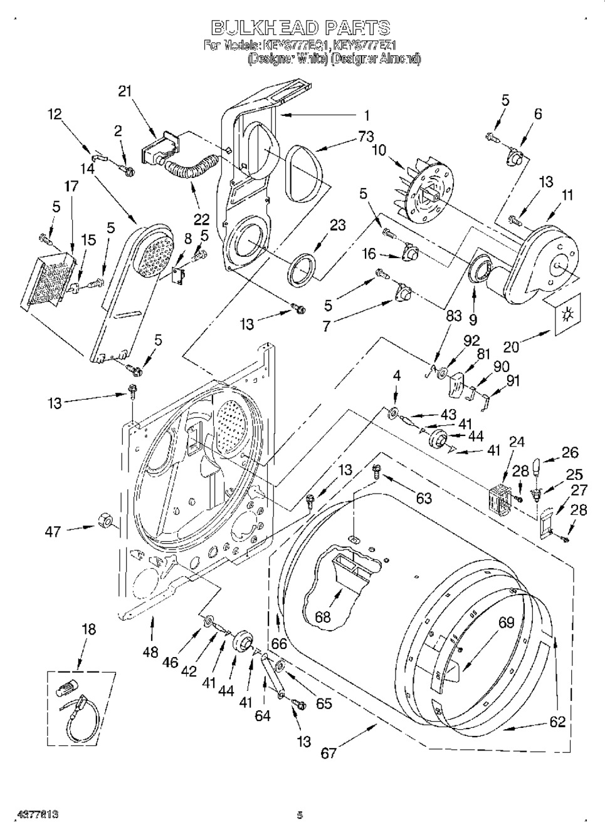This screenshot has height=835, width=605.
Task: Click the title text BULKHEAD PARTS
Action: pyautogui.click(x=300, y=28)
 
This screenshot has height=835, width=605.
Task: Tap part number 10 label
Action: pyautogui.click(x=379, y=150)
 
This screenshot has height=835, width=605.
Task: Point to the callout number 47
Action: pyautogui.click(x=53, y=531)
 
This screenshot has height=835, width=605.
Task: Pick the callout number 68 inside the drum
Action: pyautogui.click(x=322, y=617)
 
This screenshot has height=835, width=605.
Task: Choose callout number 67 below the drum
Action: pyautogui.click(x=329, y=754)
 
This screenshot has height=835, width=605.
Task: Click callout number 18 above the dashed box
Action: pyautogui.click(x=89, y=630)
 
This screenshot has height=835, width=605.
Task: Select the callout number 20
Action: pyautogui.click(x=512, y=346)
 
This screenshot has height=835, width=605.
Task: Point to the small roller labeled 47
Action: pyautogui.click(x=105, y=520)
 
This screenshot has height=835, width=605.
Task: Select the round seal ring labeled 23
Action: pyautogui.click(x=303, y=267)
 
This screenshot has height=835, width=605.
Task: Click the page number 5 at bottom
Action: pyautogui.click(x=300, y=816)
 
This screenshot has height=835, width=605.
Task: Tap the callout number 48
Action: pyautogui.click(x=150, y=651)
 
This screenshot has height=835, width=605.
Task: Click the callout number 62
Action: pyautogui.click(x=557, y=722)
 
